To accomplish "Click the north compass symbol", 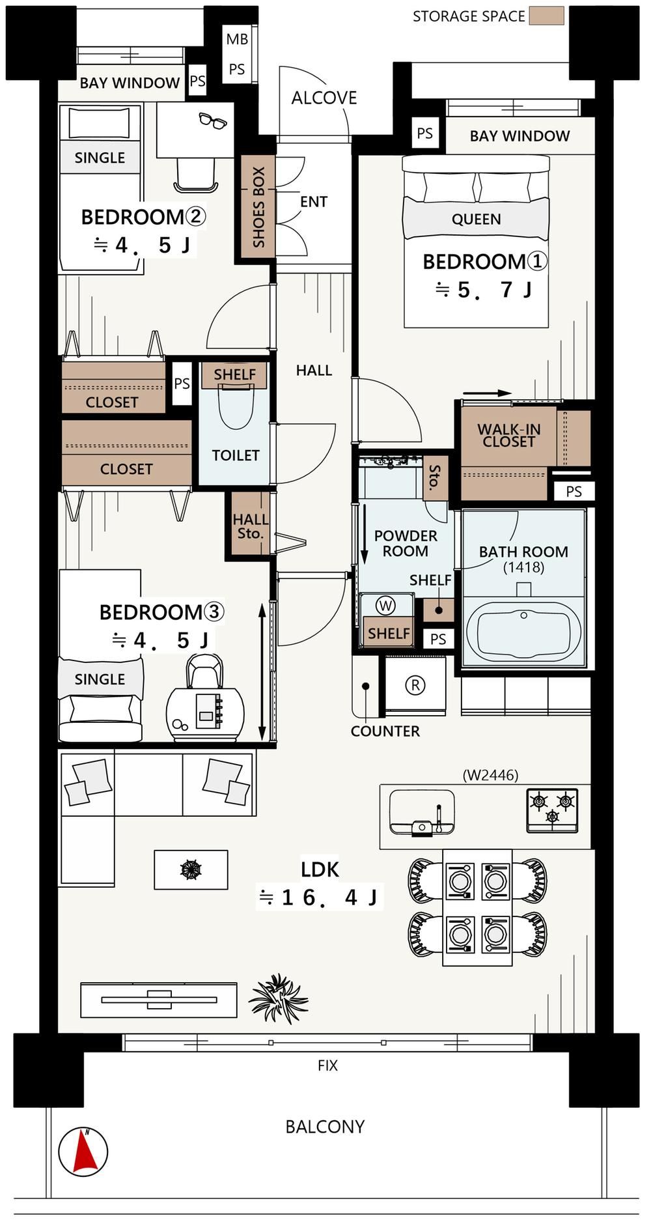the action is pyautogui.click(x=83, y=1151).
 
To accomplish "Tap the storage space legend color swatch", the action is pyautogui.click(x=546, y=16).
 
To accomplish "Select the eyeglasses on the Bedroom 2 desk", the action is pyautogui.click(x=213, y=120).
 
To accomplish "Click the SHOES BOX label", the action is pyautogui.click(x=258, y=207).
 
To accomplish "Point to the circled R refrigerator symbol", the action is pyautogui.click(x=415, y=684).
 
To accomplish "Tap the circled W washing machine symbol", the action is pyautogui.click(x=386, y=606).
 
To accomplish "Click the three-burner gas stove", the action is pyautogui.click(x=552, y=810).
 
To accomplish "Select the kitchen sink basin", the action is pyautogui.click(x=422, y=812).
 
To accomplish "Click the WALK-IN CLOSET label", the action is pyautogui.click(x=508, y=435).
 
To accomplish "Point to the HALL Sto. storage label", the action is pyautogui.click(x=250, y=526).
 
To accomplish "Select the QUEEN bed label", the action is pyautogui.click(x=477, y=219).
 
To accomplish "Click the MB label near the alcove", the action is pyautogui.click(x=237, y=40).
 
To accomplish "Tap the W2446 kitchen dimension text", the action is pyautogui.click(x=490, y=775).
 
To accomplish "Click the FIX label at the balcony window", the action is pyautogui.click(x=327, y=1065).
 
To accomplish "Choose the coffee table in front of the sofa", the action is pyautogui.click(x=191, y=869).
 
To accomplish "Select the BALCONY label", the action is pyautogui.click(x=325, y=1127).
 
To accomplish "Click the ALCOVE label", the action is pyautogui.click(x=324, y=98).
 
